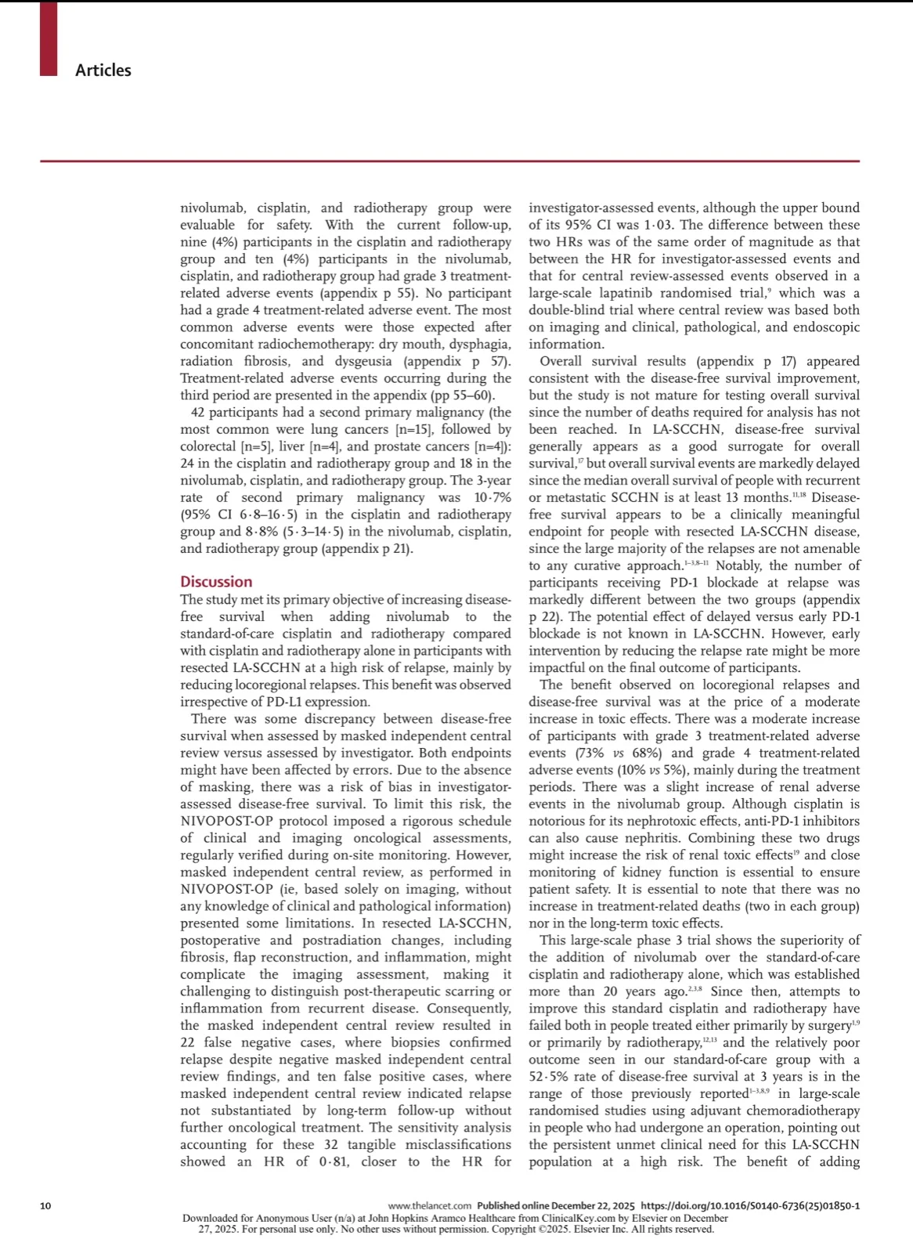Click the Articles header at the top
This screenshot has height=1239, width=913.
[x=103, y=70]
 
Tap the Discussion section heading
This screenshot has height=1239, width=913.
[x=216, y=581]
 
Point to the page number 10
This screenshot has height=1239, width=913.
[x=45, y=1205]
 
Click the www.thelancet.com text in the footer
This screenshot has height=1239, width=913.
[x=430, y=1205]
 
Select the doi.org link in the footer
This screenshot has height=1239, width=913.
[x=749, y=1205]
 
